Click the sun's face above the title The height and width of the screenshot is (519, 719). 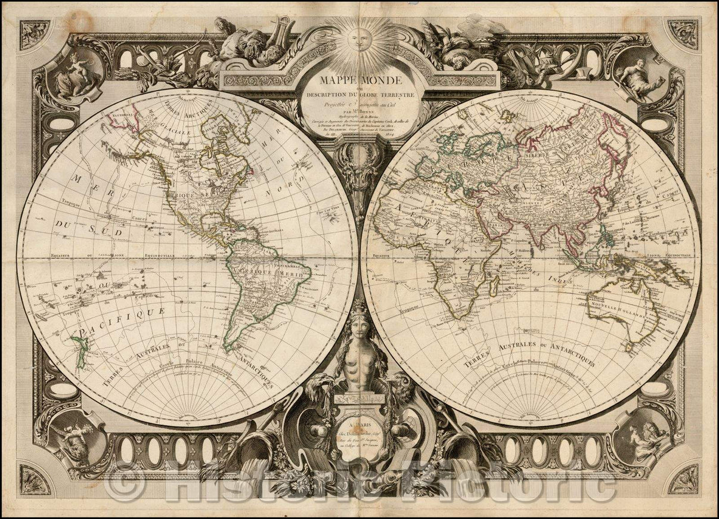point(359,41)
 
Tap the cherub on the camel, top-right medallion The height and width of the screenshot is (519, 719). point(639,76)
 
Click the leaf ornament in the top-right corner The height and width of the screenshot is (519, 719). point(682,33)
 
